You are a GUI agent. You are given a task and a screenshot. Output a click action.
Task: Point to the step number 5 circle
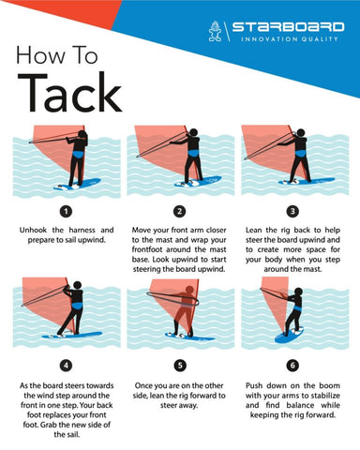tap(180, 365)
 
